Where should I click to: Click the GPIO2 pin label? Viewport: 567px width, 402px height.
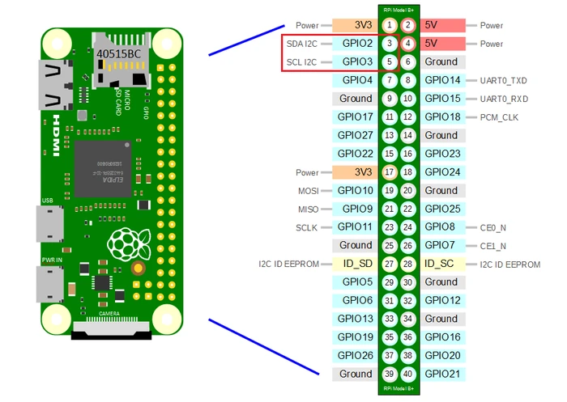pos(356,44)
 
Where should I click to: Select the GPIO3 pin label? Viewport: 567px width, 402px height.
pos(356,61)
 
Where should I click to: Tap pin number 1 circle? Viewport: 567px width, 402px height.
pos(390,26)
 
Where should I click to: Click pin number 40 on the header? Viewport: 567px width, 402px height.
pos(408,374)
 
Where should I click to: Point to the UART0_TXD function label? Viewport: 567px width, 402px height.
pos(504,80)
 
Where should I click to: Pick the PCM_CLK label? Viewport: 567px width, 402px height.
pos(499,117)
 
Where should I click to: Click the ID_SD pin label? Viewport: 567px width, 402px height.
pos(356,264)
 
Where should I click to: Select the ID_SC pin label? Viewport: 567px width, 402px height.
pos(441,264)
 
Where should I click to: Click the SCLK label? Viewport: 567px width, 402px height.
pos(307,227)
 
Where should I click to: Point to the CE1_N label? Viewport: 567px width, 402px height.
pos(493,246)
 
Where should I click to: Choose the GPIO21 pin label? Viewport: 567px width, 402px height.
pos(442,374)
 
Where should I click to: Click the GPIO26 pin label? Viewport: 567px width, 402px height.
pos(356,355)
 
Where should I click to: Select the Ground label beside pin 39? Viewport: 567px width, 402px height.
pos(356,374)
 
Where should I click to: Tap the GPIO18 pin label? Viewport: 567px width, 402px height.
pos(442,117)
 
